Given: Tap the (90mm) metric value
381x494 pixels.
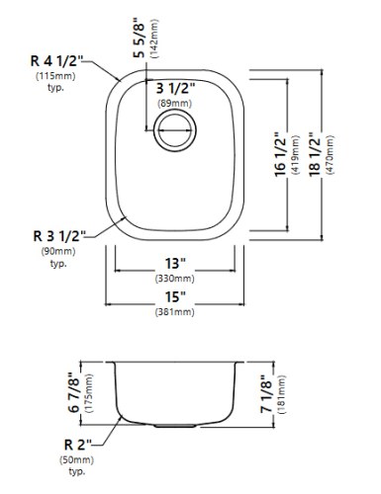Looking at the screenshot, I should coord(55,252).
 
